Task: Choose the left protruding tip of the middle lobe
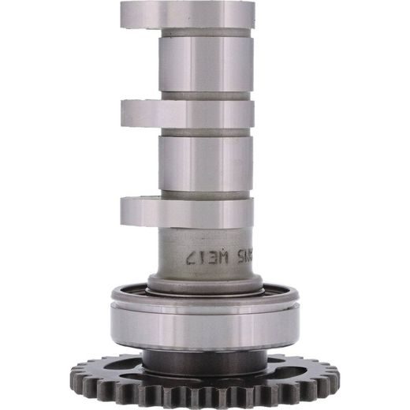128,114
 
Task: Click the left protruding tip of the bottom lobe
128,211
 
